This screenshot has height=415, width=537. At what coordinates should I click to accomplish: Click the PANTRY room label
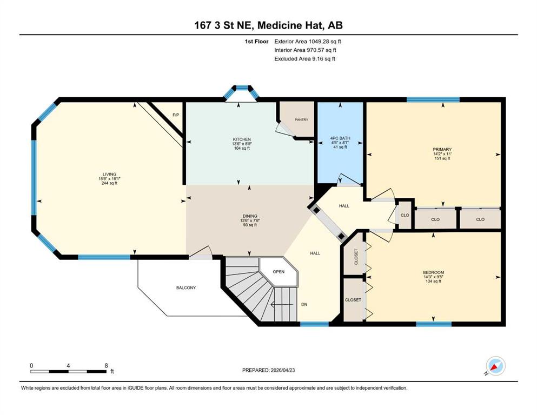pos(301,120)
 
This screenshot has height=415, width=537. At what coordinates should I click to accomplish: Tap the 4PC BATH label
pos(340,138)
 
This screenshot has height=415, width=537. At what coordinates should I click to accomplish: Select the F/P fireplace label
pos(176,115)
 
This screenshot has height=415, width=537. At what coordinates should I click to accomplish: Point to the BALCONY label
pos(186,287)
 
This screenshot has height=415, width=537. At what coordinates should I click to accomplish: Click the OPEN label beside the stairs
pos(279,272)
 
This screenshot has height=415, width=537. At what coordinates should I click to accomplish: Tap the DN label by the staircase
pos(304,304)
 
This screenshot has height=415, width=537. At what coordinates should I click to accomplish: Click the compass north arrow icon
pos(495,366)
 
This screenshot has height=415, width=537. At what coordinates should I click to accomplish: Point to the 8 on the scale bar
pos(106,365)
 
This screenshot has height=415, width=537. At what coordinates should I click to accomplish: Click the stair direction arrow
pos(282,304)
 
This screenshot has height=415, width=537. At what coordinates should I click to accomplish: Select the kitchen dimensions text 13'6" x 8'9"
pos(242,144)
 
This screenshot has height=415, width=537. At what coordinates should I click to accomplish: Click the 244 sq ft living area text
pos(110,183)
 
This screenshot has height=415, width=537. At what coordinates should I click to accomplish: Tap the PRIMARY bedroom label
pos(442,150)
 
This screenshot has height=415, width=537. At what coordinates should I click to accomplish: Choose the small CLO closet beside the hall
pos(405,215)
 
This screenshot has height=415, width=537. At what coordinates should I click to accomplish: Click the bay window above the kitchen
pos(241,92)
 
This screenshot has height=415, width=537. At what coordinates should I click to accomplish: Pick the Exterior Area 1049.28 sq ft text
pos(308,42)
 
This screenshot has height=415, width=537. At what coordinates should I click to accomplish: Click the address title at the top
pos(268,25)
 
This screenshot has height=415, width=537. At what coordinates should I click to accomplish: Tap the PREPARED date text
pos(268,370)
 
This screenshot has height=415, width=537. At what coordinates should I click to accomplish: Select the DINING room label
pos(250,216)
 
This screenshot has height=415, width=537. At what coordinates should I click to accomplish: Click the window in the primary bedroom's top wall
pos(433,99)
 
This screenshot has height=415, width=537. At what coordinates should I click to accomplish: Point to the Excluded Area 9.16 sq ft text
pos(305,58)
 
